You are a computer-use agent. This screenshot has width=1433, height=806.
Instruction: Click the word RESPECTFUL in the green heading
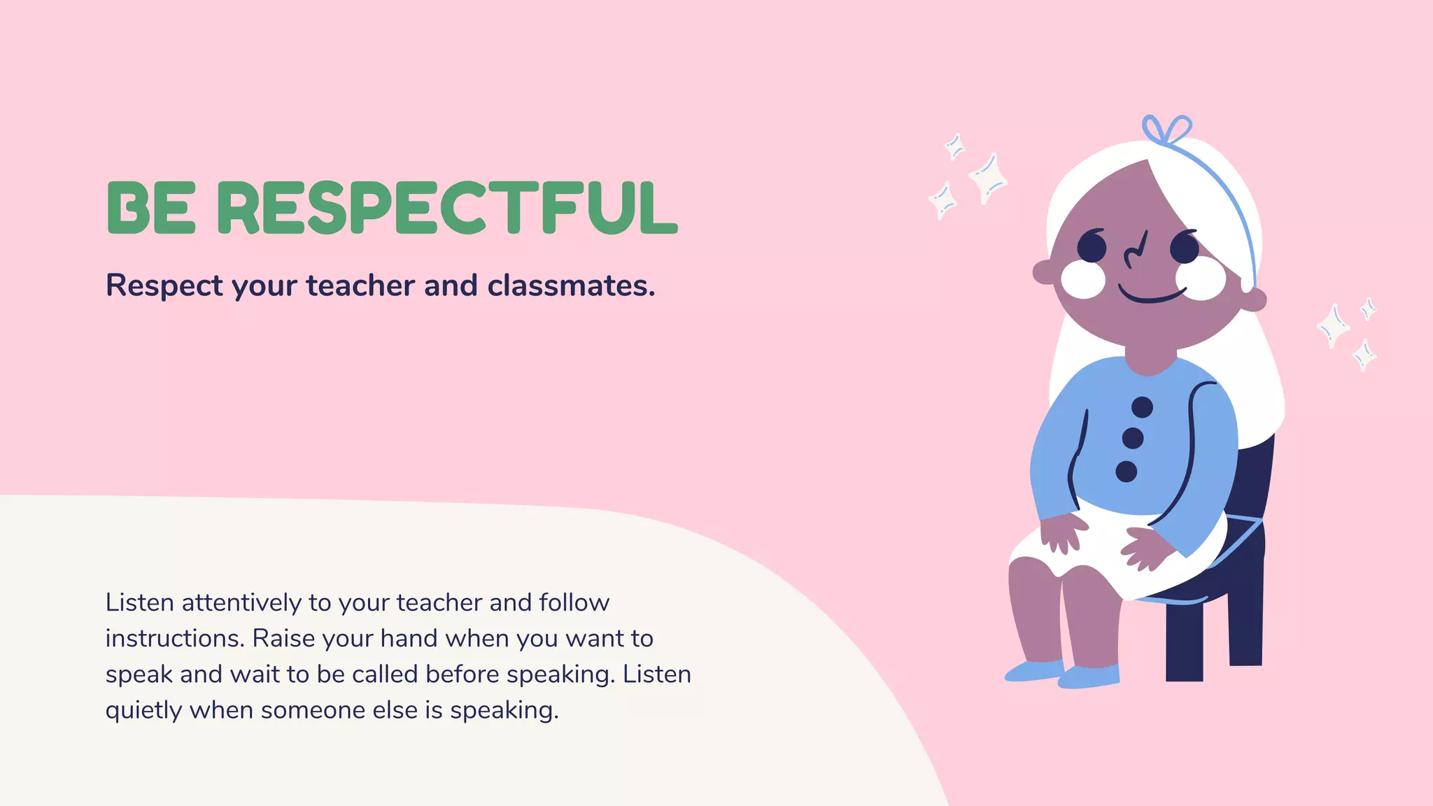click(x=447, y=208)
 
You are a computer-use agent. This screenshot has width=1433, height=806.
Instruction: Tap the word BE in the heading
click(x=150, y=208)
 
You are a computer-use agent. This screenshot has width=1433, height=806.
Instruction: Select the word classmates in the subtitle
click(x=570, y=285)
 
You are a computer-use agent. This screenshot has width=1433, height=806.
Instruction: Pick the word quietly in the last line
click(x=143, y=710)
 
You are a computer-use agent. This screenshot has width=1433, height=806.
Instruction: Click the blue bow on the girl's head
click(x=1166, y=130)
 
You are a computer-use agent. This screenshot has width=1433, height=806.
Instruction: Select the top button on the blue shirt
click(x=1142, y=406)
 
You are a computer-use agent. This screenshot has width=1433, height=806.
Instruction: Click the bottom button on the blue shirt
click(x=1126, y=472)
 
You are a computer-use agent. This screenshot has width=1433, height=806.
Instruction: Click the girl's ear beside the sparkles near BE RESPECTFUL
click(x=1043, y=272)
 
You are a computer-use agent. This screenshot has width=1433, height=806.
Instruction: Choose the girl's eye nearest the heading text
click(x=1092, y=247)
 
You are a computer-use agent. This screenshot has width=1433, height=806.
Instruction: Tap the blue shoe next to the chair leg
click(x=1089, y=676)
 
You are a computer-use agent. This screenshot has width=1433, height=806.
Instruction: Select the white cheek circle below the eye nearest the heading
click(x=1082, y=279)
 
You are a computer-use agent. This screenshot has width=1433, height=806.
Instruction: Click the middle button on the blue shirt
click(x=1133, y=439)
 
